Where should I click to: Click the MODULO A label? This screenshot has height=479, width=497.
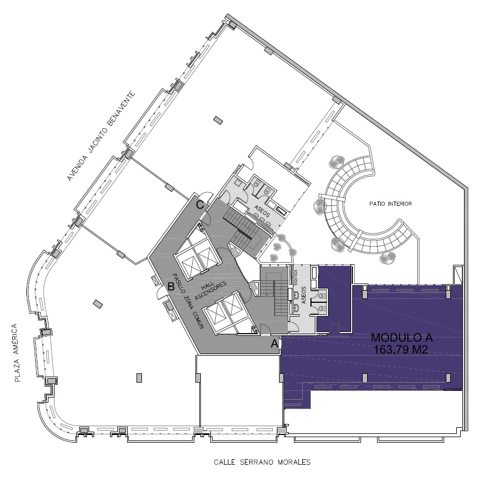point(402,338)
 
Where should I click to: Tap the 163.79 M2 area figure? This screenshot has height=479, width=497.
point(401,350)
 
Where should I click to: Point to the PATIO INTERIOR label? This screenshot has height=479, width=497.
point(391,204)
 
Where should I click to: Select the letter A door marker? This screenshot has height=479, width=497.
point(275,344)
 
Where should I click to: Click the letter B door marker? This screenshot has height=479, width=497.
point(171,287)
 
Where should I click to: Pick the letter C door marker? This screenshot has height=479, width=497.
point(200,205)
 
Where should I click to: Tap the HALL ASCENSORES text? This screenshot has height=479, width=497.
point(210,289)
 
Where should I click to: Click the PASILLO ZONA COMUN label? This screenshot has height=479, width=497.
point(188,301)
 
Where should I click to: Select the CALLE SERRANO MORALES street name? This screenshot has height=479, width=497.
point(262,462)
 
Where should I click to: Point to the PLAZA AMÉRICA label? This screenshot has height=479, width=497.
point(17,352)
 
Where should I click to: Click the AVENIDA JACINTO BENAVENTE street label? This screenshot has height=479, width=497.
point(101,137)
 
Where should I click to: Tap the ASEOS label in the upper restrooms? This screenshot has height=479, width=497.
point(262,211)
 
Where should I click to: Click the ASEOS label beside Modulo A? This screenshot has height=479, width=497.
point(303,296)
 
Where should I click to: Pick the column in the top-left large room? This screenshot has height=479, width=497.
point(218,121)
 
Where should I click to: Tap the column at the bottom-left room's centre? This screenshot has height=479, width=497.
point(139,378)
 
